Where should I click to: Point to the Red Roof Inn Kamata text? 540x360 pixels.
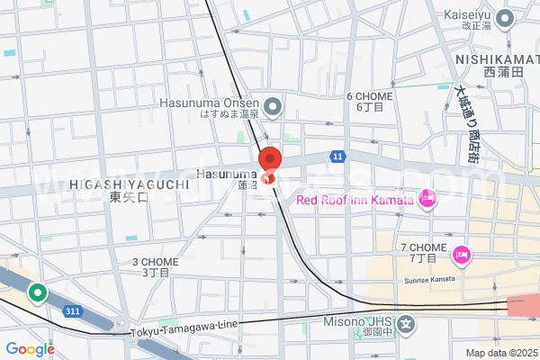tap(355, 200)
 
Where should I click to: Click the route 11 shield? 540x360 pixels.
tap(337, 156)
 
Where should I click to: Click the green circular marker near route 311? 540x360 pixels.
tap(38, 292)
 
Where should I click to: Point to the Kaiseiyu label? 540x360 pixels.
tap(469, 15)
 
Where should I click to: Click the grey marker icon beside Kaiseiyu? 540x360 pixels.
tap(505, 16)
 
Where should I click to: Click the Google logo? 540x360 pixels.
tap(30, 349)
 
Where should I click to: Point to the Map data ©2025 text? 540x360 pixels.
tap(499, 353)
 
